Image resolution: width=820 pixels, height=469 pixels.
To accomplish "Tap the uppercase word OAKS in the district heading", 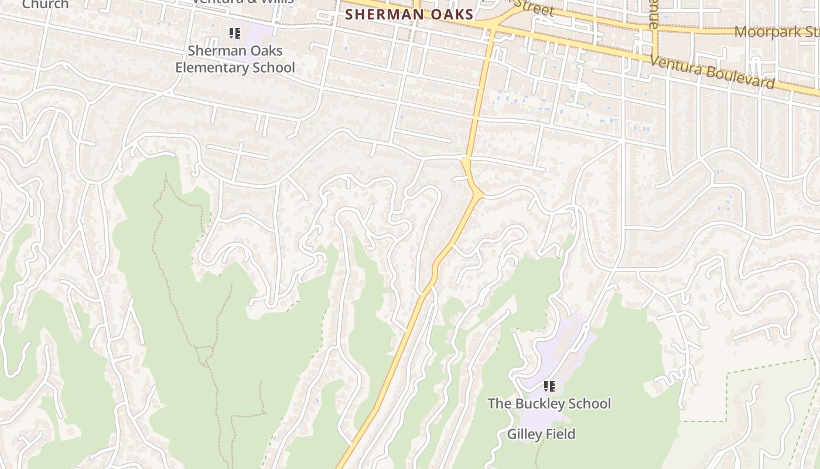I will tap(453, 14).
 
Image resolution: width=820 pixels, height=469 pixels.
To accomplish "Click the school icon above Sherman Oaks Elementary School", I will tap(235, 33).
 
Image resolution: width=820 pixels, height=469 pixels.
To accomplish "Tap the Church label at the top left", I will tap(45, 4).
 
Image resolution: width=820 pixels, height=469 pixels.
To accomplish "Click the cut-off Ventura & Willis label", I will tap(243, 2).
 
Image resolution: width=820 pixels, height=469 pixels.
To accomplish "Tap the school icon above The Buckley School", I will tap(549, 386).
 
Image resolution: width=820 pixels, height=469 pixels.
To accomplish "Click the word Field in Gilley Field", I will tap(561, 434).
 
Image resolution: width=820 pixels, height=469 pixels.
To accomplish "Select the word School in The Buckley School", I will tap(589, 403).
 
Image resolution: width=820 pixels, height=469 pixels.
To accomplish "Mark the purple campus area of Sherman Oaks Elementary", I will tap(258, 36).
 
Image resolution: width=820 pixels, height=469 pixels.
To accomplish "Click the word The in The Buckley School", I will tap(500, 403).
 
